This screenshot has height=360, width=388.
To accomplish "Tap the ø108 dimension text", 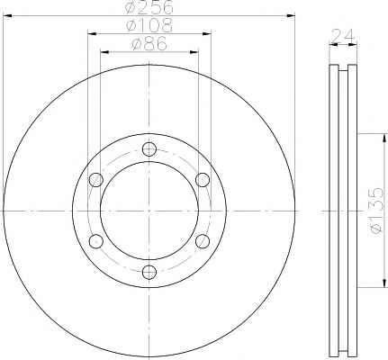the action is pyautogui.click(x=149, y=25).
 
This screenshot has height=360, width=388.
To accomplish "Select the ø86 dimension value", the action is pyautogui.click(x=149, y=44).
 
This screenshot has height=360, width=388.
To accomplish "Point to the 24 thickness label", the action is pyautogui.click(x=343, y=36).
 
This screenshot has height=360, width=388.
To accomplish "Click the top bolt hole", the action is pyautogui.click(x=149, y=149).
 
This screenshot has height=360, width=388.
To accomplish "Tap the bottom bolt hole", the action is pyautogui.click(x=149, y=272).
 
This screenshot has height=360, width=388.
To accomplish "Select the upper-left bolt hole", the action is pyautogui.click(x=96, y=180).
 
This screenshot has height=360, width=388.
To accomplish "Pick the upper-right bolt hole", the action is pyautogui.click(x=203, y=180).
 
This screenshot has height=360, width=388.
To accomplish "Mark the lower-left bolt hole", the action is pyautogui.click(x=96, y=241).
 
